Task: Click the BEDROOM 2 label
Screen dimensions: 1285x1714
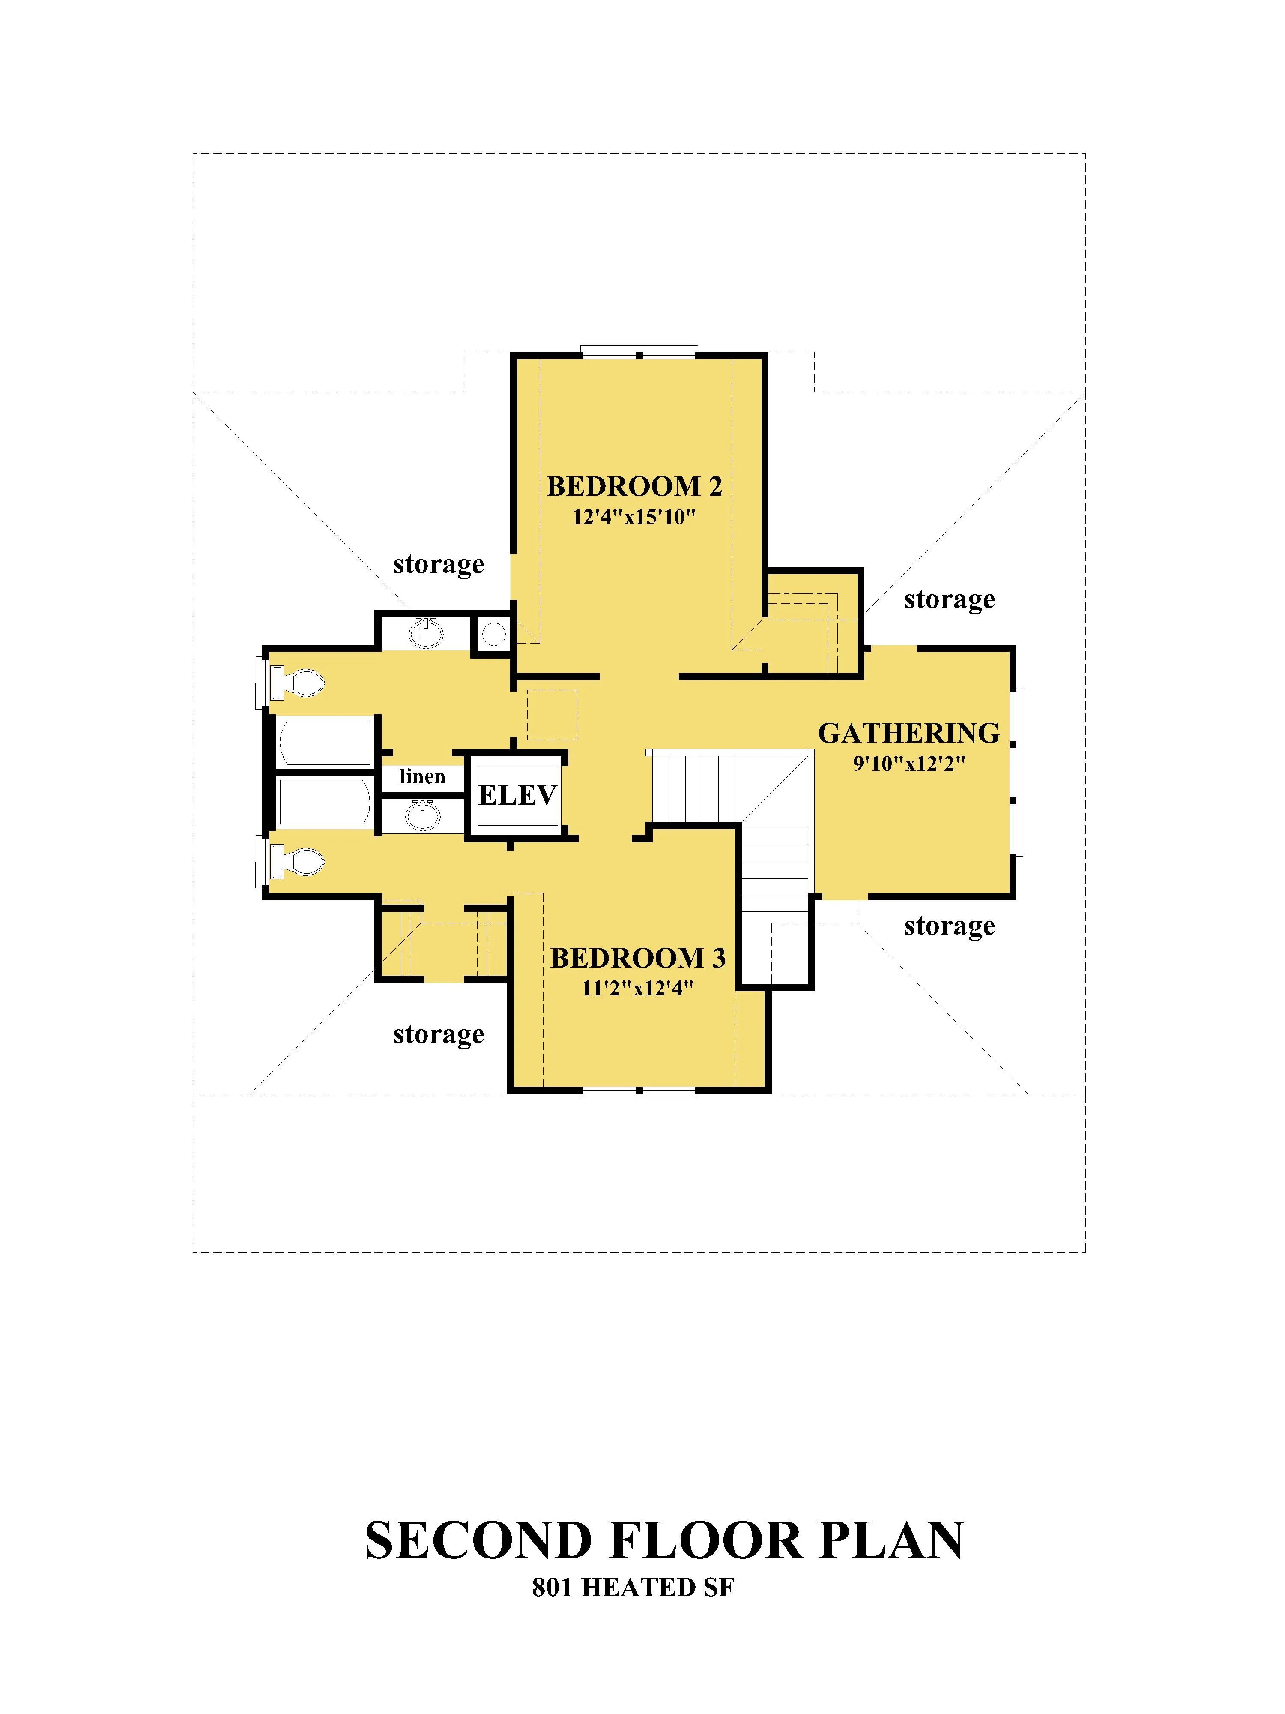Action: (634, 487)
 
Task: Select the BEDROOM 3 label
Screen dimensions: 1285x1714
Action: (638, 959)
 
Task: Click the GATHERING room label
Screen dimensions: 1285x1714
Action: (908, 733)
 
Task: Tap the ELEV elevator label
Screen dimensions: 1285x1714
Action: (517, 795)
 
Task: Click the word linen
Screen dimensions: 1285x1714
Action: (422, 776)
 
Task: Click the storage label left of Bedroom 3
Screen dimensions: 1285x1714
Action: (439, 1034)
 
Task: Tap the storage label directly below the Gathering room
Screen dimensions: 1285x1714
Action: (950, 926)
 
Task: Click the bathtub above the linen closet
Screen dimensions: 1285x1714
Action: (325, 742)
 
